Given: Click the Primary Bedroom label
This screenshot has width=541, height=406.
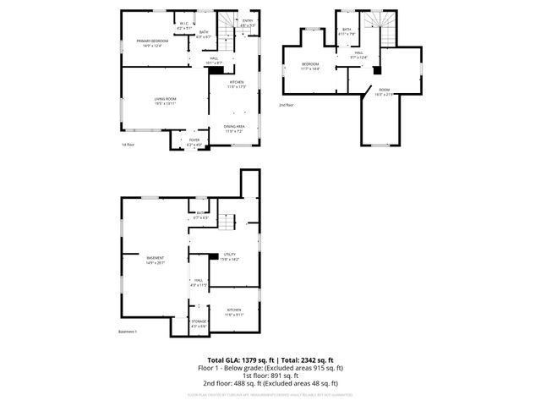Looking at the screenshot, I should click(154, 42).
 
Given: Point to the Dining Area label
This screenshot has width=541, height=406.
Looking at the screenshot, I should click(234, 129).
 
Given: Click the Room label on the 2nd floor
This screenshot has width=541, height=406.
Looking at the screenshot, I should click(385, 91).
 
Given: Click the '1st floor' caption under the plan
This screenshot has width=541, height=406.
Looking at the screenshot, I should click(128, 145).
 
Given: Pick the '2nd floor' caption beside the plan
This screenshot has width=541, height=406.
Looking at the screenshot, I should click(287, 105).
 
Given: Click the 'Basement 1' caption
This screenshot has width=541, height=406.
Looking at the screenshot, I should click(128, 332).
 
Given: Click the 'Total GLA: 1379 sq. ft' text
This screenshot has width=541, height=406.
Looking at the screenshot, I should click(238, 360).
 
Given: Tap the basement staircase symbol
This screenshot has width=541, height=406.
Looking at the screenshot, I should click(226, 223).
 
